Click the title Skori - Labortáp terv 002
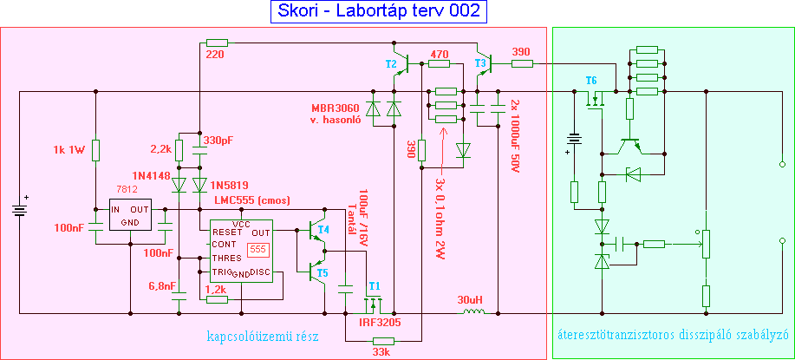(x=379, y=11)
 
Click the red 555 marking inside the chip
(x=257, y=249)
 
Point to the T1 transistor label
(x=375, y=285)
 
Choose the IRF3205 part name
(x=378, y=322)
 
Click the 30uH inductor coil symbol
(x=472, y=312)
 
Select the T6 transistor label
(x=590, y=81)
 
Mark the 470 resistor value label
(x=440, y=54)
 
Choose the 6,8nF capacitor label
(x=162, y=285)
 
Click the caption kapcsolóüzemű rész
(x=263, y=336)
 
